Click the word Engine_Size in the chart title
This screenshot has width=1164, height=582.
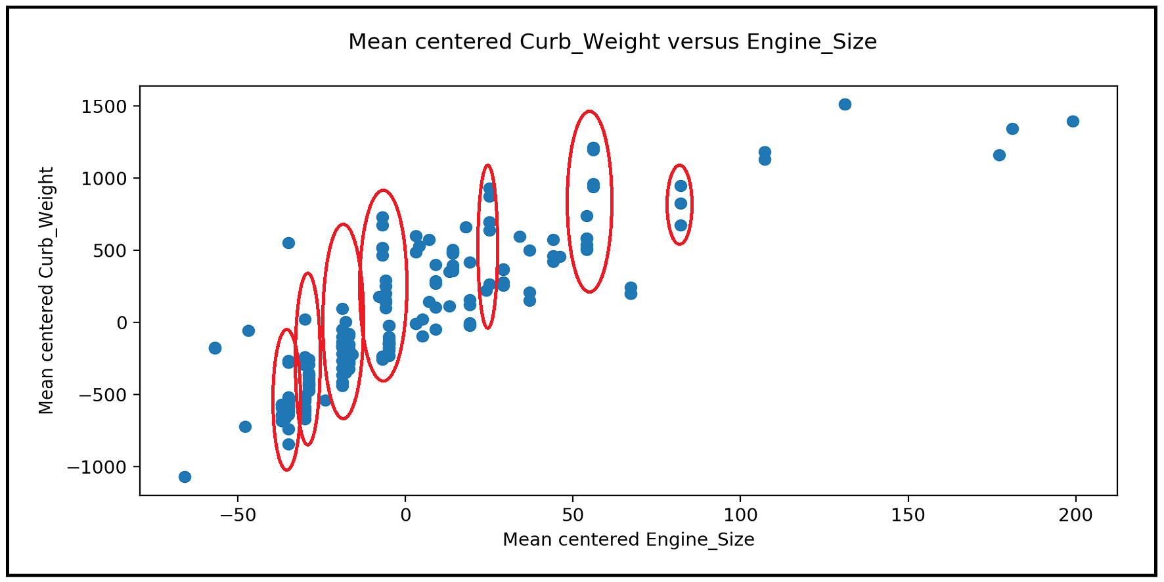click(811, 42)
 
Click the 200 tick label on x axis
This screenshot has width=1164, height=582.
click(1075, 516)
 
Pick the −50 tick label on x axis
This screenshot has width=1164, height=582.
click(238, 516)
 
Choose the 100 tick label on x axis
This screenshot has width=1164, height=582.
click(740, 516)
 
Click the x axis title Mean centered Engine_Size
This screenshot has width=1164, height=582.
click(628, 540)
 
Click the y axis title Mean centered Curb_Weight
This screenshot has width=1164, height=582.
click(46, 290)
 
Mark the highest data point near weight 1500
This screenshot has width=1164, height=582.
click(845, 104)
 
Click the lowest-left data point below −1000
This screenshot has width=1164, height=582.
click(185, 477)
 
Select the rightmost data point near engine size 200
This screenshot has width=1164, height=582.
click(1073, 122)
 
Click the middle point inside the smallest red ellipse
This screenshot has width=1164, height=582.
click(681, 204)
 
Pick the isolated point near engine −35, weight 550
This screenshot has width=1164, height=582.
click(288, 243)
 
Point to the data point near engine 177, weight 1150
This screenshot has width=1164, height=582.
click(999, 155)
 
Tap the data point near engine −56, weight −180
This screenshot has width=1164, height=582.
click(215, 348)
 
